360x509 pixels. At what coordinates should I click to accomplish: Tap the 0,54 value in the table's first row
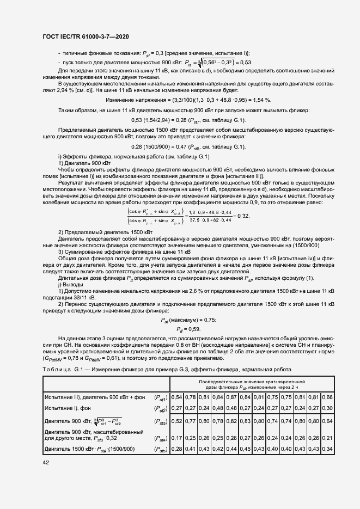pos(176,397)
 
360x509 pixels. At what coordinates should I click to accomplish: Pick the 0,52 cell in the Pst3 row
pos(176,421)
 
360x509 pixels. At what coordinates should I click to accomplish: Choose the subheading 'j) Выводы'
pos(70,285)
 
